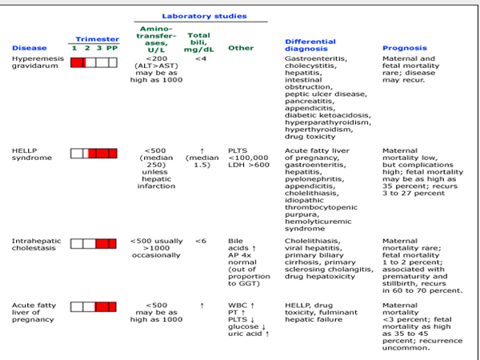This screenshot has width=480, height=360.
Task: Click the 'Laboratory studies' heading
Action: (x=204, y=15)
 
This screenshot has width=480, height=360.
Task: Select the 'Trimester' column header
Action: (x=97, y=38)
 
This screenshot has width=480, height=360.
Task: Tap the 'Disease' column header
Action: (x=26, y=48)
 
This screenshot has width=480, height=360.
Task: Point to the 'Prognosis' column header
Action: (x=403, y=48)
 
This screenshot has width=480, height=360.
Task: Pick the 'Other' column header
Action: (x=240, y=48)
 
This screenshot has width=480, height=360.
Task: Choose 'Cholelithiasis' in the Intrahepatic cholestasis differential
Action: (x=313, y=241)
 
